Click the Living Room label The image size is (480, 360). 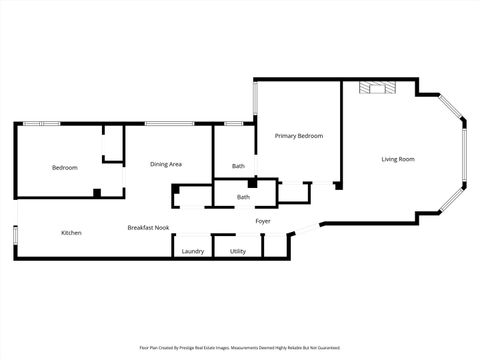[x=398, y=159]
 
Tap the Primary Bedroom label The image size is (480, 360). [x=299, y=136]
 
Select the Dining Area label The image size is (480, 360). [x=166, y=164]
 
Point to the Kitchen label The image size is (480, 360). [x=71, y=233]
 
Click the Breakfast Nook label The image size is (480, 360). [x=146, y=228]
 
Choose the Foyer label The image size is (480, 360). [x=263, y=221]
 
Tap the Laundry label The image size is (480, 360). [x=193, y=251]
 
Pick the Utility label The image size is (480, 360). [x=237, y=251]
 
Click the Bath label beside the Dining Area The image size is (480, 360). [x=238, y=166]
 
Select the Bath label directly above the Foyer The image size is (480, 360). [x=243, y=197]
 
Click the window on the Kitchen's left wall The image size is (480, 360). [x=15, y=235]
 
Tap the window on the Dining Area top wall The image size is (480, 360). [x=162, y=123]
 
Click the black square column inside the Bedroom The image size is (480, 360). [x=96, y=192]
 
